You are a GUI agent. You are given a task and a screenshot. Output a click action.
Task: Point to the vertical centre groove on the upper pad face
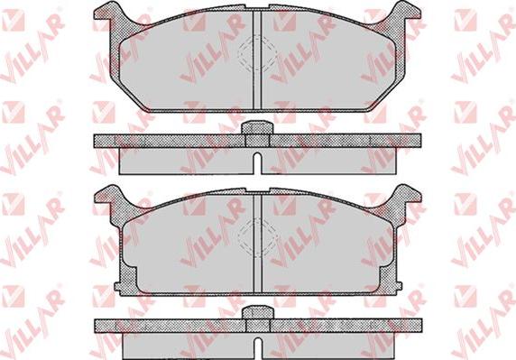pyautogui.click(x=257, y=60)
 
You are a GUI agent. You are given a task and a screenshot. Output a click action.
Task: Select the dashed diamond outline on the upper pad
pyautogui.click(x=257, y=53)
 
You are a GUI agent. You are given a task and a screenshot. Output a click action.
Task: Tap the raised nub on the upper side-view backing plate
pyautogui.click(x=257, y=128)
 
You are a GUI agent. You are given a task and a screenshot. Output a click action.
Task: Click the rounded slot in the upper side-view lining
pyautogui.click(x=258, y=162)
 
